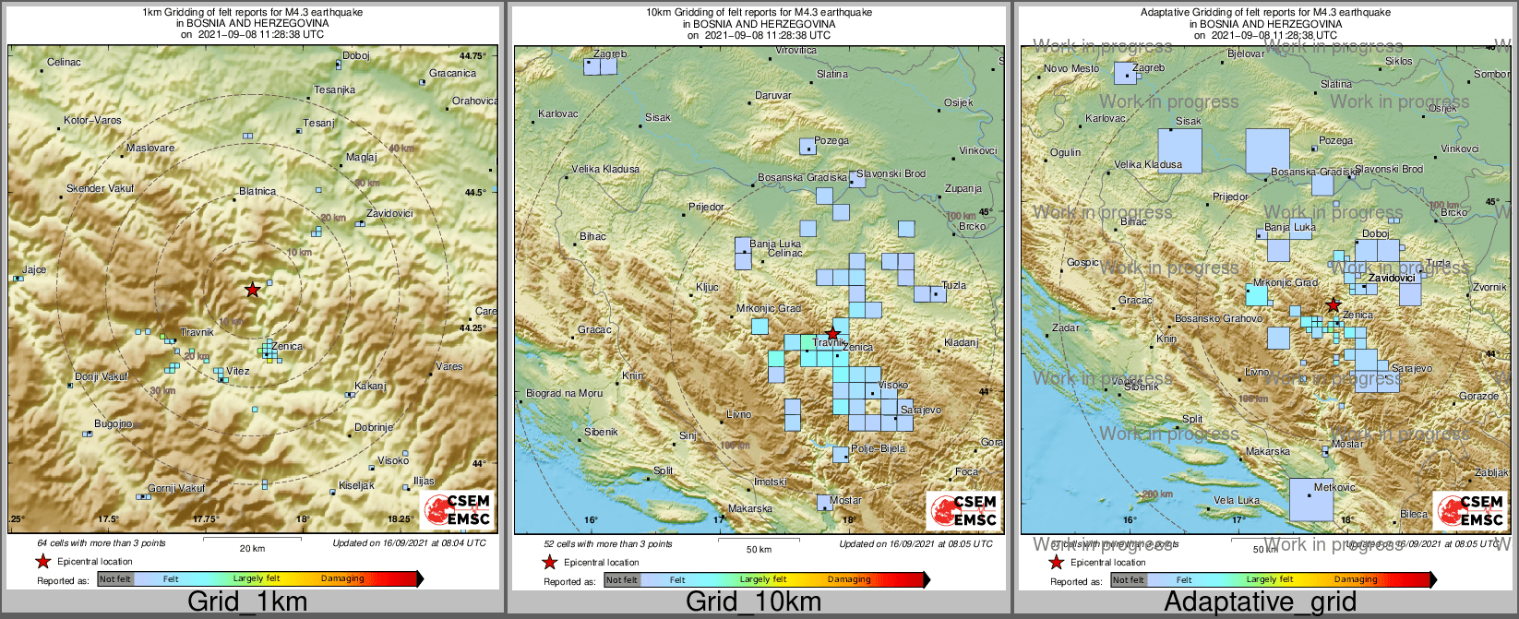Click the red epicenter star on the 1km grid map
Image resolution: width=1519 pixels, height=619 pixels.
click(252, 290)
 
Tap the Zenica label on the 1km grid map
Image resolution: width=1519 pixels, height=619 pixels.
click(287, 347)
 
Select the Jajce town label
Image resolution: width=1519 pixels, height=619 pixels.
click(34, 270)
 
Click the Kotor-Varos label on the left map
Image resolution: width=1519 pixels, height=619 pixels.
click(92, 121)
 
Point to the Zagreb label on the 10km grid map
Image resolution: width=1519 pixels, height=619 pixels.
click(610, 54)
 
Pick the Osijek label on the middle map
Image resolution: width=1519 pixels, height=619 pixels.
click(959, 103)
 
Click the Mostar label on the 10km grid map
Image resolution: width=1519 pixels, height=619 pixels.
click(845, 501)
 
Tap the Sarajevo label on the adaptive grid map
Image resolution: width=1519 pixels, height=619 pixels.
click(1412, 369)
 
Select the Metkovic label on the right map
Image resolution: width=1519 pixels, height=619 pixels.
click(1334, 487)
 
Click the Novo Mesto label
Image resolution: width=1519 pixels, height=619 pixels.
click(1071, 69)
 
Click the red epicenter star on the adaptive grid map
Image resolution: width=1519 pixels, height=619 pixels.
click(1333, 304)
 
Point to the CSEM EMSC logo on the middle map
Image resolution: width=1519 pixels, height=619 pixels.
click(963, 510)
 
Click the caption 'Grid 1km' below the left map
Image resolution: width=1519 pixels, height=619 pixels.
click(247, 602)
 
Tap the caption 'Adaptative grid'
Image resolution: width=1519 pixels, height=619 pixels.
click(1261, 602)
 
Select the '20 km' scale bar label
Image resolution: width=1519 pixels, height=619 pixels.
click(252, 548)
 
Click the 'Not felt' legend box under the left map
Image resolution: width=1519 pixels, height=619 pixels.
click(115, 579)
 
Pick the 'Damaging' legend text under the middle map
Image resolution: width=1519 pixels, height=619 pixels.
click(849, 580)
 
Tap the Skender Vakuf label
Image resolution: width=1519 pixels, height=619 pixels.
click(100, 189)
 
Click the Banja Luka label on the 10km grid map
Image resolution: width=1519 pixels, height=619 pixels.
click(775, 244)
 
